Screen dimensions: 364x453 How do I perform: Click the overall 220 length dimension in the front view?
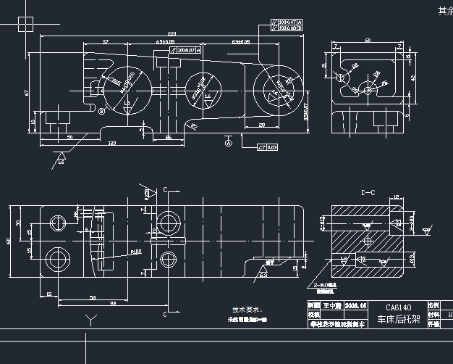click(172, 35)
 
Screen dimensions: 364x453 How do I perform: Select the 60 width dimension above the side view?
click(368, 41)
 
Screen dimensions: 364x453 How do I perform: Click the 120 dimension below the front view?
click(112, 144)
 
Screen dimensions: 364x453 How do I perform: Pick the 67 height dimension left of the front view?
click(26, 92)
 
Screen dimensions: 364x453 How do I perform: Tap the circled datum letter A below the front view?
click(229, 144)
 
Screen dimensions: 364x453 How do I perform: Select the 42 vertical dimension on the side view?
click(413, 78)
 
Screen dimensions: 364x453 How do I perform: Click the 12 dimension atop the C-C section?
click(397, 198)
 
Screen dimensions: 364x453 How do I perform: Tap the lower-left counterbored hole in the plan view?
click(57, 257)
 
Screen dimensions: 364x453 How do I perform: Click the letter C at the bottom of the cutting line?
click(165, 315)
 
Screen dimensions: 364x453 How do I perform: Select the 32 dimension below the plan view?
click(114, 303)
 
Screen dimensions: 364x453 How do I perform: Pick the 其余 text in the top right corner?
click(444, 11)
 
